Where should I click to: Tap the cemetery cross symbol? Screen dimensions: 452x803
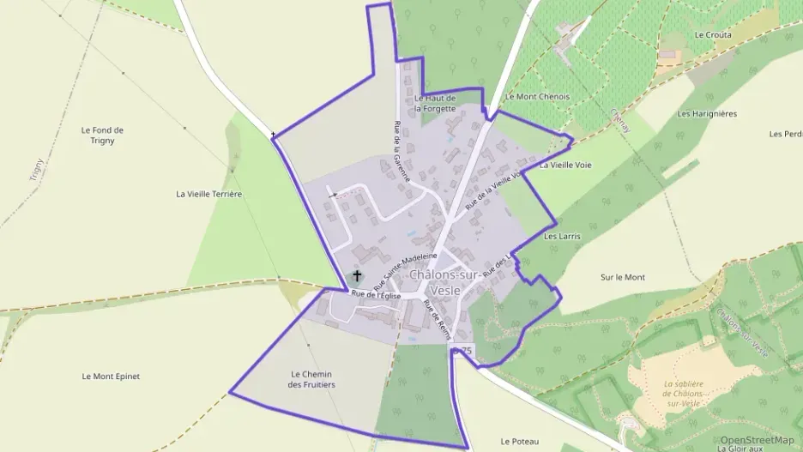pos(357,276)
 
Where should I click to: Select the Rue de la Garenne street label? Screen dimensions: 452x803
pos(400,151)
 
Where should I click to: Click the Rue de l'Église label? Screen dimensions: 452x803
pos(375,295)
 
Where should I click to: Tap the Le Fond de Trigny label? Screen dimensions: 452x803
pos(102,136)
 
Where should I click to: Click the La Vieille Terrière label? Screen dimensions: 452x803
pos(209,194)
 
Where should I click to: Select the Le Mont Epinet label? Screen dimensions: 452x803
pos(111,376)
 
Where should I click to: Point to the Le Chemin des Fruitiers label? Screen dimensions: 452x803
pos(312,379)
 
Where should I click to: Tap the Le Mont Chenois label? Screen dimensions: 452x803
pos(538,97)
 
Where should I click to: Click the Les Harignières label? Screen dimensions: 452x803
pos(707,113)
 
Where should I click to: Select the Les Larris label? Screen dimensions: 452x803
pos(563,235)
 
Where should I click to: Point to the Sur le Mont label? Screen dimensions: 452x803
pos(623,277)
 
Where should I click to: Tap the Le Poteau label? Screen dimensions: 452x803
pos(519,441)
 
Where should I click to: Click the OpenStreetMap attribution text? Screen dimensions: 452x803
pos(757,439)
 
